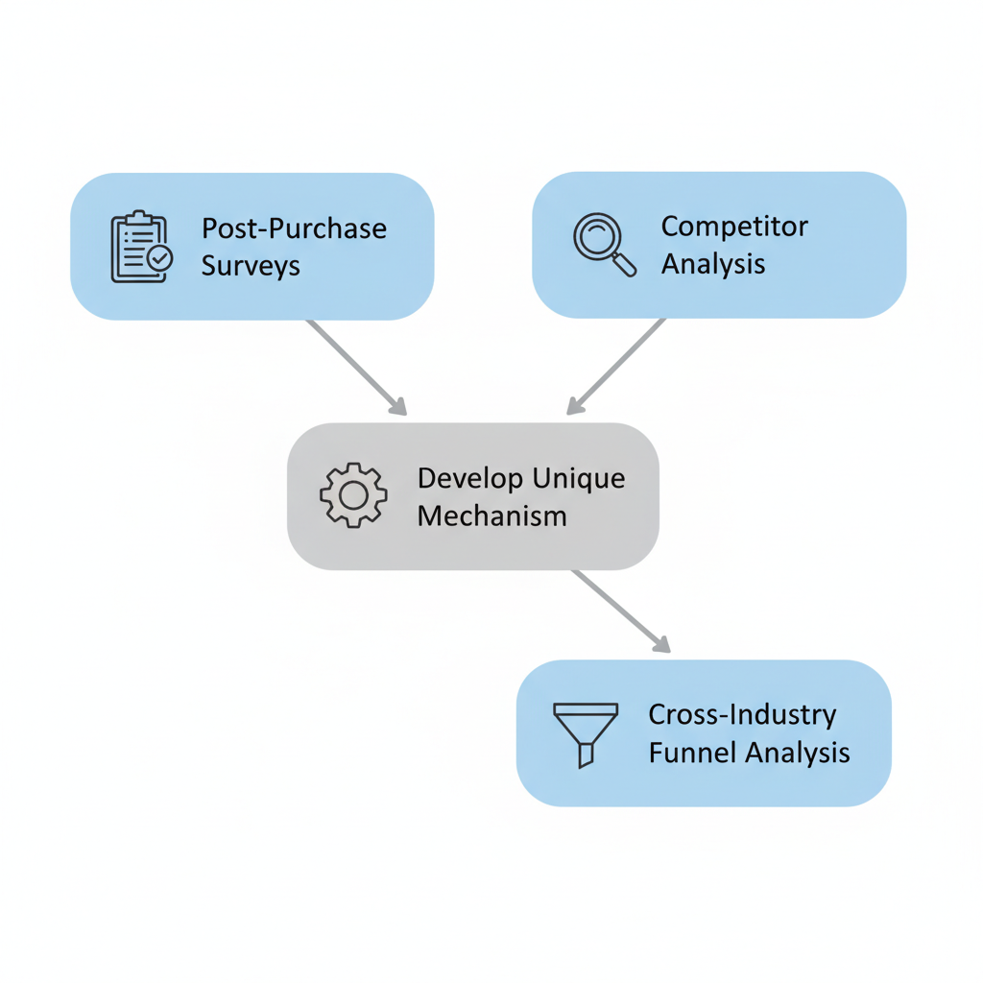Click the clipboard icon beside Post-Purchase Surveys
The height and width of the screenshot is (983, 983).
coord(140,247)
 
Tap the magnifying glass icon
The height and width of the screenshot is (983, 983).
coord(604,244)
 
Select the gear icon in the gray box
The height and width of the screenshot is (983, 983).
coord(353,495)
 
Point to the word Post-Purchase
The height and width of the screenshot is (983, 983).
coord(294,229)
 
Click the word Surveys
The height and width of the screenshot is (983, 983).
coord(251,266)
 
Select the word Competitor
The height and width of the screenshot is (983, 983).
coord(734,228)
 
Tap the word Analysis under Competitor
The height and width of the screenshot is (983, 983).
coord(713,264)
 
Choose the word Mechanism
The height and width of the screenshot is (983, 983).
coord(491,515)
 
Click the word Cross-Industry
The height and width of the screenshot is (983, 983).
coord(742,715)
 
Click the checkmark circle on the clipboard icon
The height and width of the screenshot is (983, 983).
coord(160,258)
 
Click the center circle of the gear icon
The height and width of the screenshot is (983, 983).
coord(353,495)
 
